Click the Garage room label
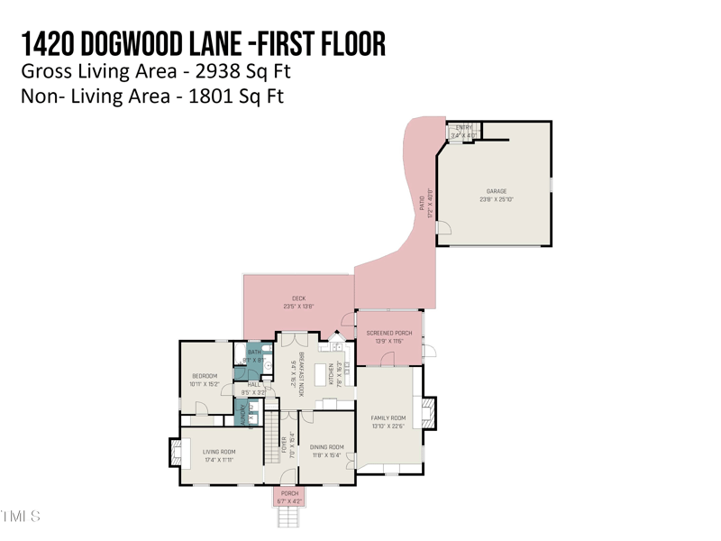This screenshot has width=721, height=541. click(497, 191)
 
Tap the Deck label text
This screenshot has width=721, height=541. click(298, 298)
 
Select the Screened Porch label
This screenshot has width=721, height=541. click(389, 334)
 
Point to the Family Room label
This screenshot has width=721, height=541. click(388, 418)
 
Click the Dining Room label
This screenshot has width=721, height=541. click(326, 447)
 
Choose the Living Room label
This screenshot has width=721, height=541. click(218, 452)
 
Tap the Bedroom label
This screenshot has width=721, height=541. click(205, 376)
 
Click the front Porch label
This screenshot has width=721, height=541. click(289, 493)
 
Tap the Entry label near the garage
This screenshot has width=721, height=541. click(463, 128)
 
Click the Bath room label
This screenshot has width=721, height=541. click(253, 353)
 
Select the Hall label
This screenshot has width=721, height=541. click(253, 385)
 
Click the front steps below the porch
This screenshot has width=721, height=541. click(289, 518)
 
